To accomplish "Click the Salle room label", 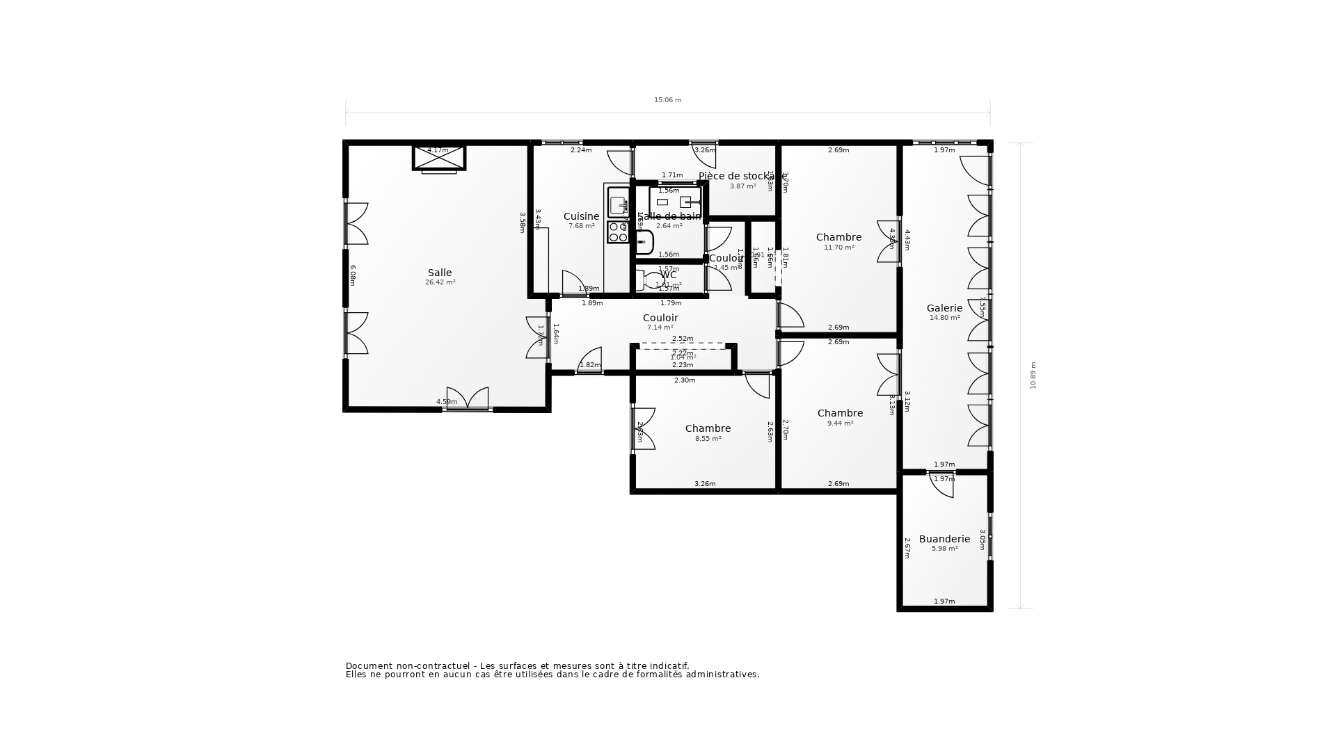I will pos(439,273).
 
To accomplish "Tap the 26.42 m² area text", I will pos(440,283).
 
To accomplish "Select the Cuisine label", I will pos(581,216).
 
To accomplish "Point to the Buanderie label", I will pos(944,539).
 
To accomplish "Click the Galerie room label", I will pos(944,308).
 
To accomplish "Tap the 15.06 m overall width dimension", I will pos(667,100).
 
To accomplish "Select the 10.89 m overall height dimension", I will pos(1033,375).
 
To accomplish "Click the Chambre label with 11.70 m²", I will pos(838,237).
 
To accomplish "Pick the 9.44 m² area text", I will pos(840,423).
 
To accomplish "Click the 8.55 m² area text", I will pos(708,439).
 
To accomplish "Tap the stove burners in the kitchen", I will pos(617,232).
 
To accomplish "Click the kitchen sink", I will pos(619,205).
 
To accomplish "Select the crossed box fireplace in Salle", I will pos(439,158).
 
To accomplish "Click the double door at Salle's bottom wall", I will pos(468,399).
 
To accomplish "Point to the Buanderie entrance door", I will pos(941,484).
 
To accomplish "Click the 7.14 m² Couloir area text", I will pos(660,328).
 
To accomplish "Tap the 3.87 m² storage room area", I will pos(742,186).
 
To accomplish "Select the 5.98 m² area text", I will pos(944,549).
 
